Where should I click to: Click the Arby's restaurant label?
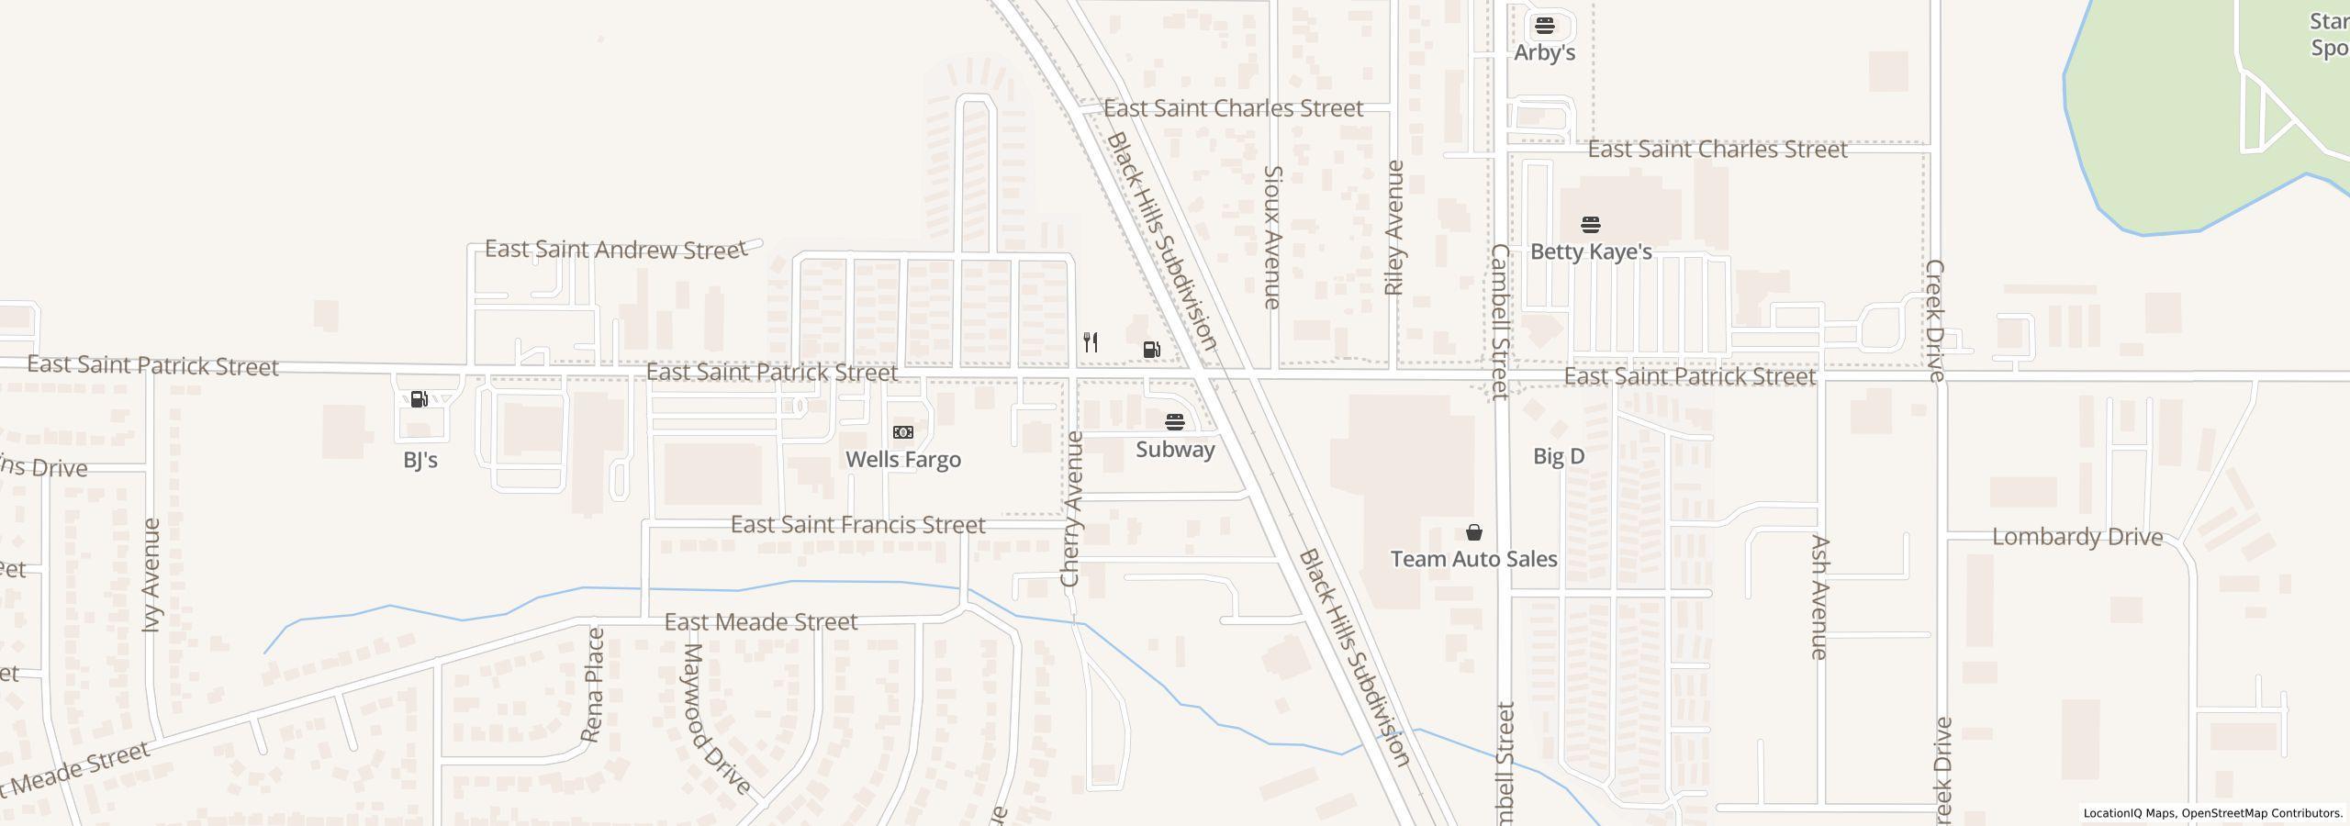[1544, 52]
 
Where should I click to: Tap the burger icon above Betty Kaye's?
[1591, 225]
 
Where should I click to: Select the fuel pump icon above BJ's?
[420, 399]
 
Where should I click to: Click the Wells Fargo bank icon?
[903, 432]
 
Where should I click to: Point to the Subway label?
[1175, 450]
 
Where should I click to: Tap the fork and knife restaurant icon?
[1091, 342]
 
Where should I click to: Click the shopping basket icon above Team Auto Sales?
[1473, 532]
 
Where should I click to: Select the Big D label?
[1559, 456]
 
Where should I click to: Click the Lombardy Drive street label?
[2077, 537]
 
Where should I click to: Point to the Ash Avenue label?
[1819, 597]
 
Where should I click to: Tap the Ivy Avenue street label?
[152, 575]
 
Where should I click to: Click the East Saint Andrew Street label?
[615, 250]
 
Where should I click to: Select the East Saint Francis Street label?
[857, 525]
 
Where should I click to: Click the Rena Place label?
[594, 685]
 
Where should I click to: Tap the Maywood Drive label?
[717, 719]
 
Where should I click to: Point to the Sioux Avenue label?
[1272, 237]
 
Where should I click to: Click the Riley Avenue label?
[1394, 228]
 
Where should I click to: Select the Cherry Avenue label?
[1071, 508]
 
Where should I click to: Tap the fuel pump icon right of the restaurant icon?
[1151, 349]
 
